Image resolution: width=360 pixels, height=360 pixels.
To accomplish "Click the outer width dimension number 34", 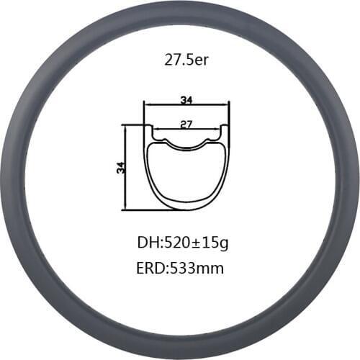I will point(186,99).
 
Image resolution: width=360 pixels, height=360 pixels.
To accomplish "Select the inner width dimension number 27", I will point(186,124).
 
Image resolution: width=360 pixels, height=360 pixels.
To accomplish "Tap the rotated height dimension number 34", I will point(120,167).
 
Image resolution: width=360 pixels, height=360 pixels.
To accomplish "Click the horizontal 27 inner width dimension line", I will point(169,130).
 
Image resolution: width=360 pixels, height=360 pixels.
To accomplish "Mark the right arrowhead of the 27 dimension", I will point(218,130).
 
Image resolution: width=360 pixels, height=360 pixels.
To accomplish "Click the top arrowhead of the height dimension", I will point(126,127).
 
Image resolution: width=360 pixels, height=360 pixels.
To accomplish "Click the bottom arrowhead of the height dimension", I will point(126,208).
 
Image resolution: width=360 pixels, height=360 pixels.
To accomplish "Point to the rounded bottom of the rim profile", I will point(186,208).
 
